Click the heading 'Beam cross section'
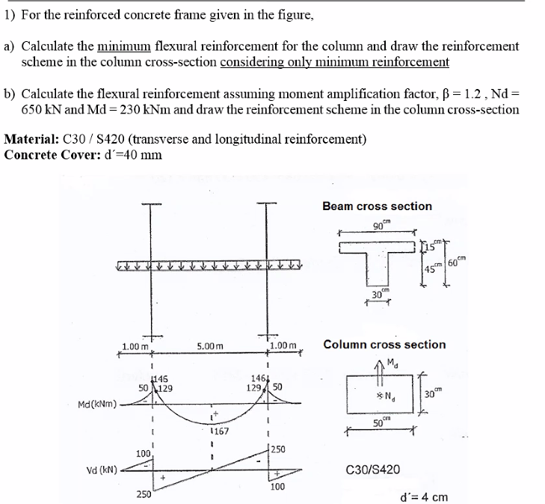[377, 206]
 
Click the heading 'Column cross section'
[384, 345]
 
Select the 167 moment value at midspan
[218, 431]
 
